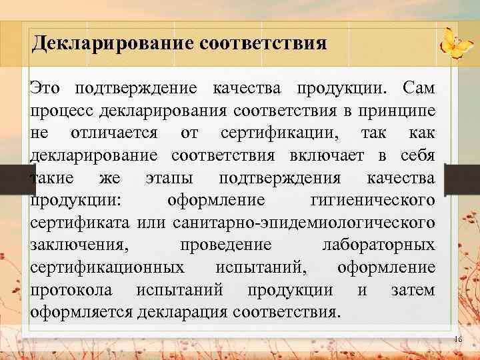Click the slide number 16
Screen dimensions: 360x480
(457, 340)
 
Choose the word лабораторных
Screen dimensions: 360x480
(378, 245)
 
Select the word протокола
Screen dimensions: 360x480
(71, 290)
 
